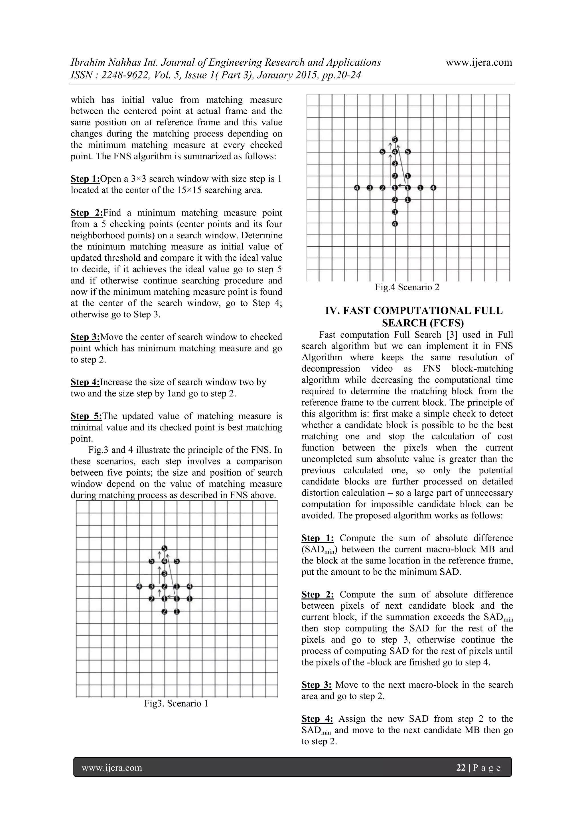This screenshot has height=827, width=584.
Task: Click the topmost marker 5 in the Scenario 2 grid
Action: tap(395, 139)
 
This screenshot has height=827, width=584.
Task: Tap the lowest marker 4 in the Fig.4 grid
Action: tap(395, 224)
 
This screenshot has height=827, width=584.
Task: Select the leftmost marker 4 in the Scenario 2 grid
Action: tap(357, 188)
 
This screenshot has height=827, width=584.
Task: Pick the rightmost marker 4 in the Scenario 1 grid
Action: tap(190, 586)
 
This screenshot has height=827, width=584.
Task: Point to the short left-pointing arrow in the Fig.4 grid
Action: tap(401, 186)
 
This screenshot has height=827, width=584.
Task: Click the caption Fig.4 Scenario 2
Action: tap(407, 287)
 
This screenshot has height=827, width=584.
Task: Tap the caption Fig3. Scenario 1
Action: tap(176, 703)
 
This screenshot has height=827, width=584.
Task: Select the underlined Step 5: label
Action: tap(86, 416)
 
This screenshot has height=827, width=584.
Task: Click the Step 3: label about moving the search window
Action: tap(85, 337)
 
